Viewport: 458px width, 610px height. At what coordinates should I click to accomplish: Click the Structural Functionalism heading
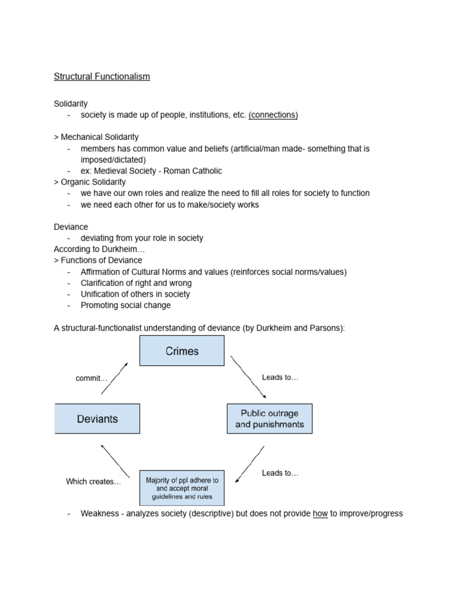coord(102,76)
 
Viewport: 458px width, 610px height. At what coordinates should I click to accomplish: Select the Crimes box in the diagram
coord(182,351)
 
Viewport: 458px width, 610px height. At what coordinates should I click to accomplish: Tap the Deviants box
coord(97,419)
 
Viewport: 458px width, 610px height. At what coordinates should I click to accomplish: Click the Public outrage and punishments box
coord(270,419)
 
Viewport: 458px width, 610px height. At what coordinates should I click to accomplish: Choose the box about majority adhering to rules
coord(182,488)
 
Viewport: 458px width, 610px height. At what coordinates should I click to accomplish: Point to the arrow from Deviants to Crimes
coord(114,378)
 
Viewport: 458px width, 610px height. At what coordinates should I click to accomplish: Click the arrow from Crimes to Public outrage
coord(248,376)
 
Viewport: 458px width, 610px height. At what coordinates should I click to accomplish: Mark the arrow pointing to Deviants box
coord(115,461)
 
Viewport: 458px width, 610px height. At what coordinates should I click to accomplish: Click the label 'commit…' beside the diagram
coord(91,378)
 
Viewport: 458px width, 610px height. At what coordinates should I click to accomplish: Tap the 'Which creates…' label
coord(93,481)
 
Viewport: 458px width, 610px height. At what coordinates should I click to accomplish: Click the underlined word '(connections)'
coord(273,115)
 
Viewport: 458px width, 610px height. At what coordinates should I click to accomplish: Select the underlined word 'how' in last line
coord(320,513)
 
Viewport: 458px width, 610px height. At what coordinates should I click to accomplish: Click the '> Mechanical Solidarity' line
coord(96,137)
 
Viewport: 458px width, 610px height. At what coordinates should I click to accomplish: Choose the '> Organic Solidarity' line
coord(89,182)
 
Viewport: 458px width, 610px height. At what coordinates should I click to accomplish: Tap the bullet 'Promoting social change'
coord(126,305)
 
